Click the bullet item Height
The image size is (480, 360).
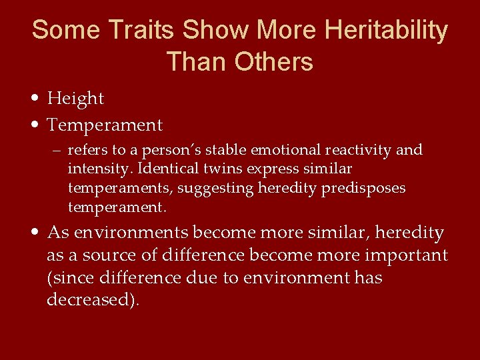[75, 99]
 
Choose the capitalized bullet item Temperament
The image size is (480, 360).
[105, 125]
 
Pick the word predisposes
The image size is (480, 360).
[364, 188]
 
